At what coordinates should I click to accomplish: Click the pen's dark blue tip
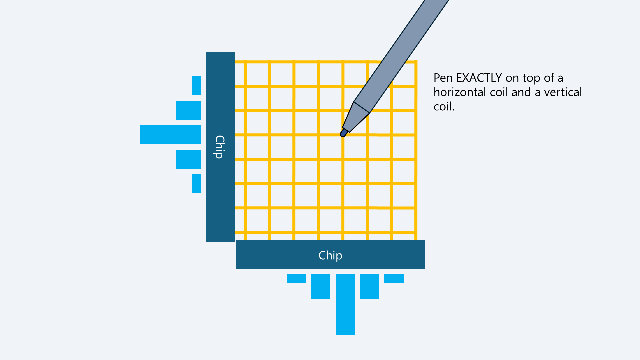(x=343, y=133)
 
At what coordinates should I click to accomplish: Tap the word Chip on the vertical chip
(x=220, y=147)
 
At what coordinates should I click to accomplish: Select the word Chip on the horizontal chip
(x=330, y=255)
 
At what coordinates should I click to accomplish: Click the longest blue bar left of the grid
(x=170, y=135)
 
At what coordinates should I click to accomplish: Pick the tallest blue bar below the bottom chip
(x=345, y=304)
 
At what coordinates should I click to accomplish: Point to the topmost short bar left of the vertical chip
(x=196, y=86)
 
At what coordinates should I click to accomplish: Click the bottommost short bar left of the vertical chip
(x=196, y=183)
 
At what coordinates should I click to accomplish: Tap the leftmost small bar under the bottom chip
(x=296, y=278)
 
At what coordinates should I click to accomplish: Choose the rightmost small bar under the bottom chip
(x=394, y=278)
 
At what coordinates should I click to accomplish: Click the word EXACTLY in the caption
(x=479, y=78)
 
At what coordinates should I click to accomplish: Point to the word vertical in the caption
(x=563, y=92)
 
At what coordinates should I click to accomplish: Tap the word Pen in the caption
(x=443, y=78)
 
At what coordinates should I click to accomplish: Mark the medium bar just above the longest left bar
(x=188, y=110)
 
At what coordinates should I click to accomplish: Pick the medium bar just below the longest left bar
(x=188, y=159)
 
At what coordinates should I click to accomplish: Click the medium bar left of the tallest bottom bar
(x=321, y=286)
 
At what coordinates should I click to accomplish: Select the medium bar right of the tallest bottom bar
(x=370, y=286)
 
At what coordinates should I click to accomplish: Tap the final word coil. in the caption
(x=444, y=107)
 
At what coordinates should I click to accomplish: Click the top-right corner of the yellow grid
(x=416, y=62)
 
